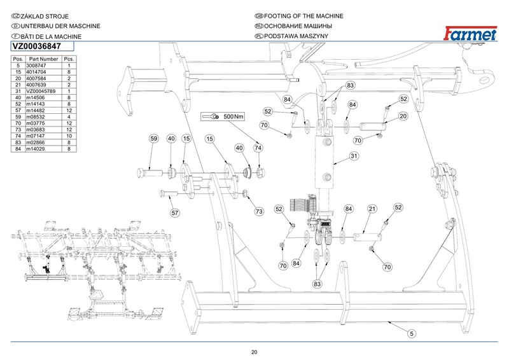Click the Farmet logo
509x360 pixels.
[470, 33]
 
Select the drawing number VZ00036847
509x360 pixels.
[37, 46]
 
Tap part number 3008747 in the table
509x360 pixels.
[36, 66]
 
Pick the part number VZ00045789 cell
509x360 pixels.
[41, 91]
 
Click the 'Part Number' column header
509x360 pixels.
[43, 59]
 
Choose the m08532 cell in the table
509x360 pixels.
[36, 117]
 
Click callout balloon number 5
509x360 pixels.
[412, 334]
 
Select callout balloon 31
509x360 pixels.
[354, 156]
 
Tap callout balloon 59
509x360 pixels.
[154, 139]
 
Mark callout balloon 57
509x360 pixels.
[175, 213]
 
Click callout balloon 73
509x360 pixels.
[259, 212]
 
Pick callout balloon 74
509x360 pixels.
[258, 148]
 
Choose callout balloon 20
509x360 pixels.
[403, 116]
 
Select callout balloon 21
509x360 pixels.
[372, 209]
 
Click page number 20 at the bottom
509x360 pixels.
[254, 352]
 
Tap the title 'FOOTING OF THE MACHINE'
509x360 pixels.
[303, 16]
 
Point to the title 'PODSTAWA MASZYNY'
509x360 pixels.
[296, 36]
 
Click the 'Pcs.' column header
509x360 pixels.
[69, 59]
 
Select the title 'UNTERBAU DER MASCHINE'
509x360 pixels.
[60, 26]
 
